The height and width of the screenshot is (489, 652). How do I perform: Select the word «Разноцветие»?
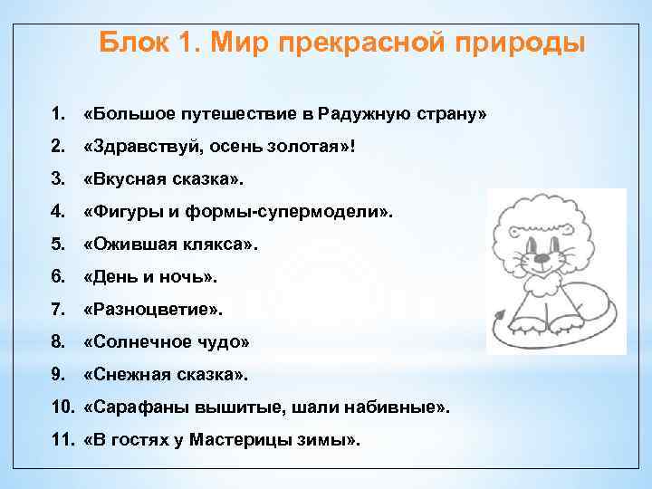pos(150,311)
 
